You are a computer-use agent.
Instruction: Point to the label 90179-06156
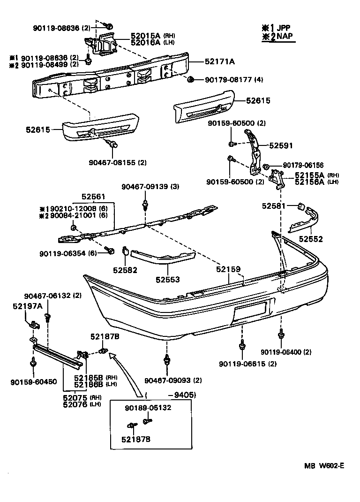click(x=303, y=165)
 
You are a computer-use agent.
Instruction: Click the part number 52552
click(x=311, y=239)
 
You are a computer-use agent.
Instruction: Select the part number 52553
click(x=168, y=280)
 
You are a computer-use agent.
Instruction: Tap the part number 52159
click(x=228, y=269)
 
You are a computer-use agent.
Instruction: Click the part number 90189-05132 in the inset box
click(x=148, y=408)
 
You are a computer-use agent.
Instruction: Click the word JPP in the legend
click(x=283, y=28)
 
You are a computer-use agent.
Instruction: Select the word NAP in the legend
click(x=283, y=37)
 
